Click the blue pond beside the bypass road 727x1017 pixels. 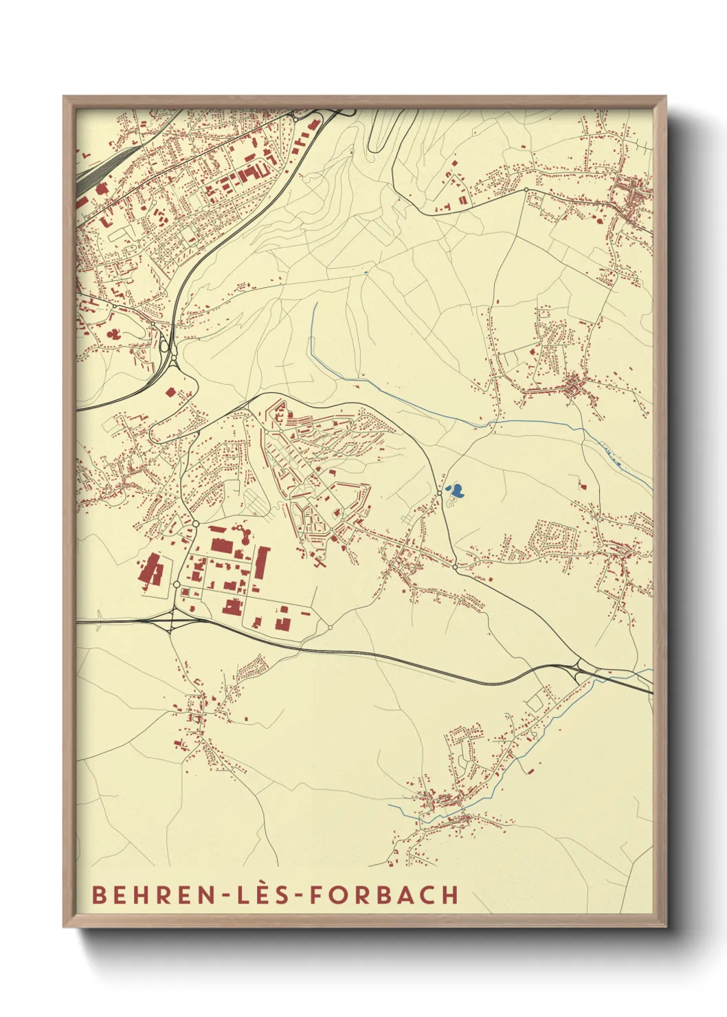[x=456, y=491]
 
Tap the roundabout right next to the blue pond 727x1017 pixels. [x=440, y=493]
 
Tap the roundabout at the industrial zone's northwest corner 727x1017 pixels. [x=196, y=524]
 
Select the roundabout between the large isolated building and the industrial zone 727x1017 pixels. [x=177, y=584]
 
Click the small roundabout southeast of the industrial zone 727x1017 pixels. [x=331, y=627]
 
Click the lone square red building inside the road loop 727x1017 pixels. [x=170, y=392]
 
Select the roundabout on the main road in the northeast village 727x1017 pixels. [x=526, y=190]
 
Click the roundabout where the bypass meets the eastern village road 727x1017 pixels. [x=455, y=568]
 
